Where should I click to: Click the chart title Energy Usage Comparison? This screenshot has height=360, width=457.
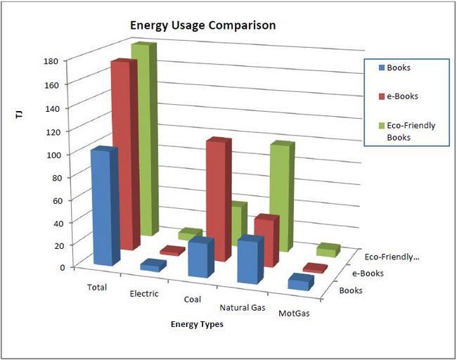[x=202, y=25]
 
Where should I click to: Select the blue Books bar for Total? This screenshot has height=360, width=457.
[x=103, y=207]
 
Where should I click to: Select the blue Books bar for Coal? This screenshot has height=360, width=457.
[x=200, y=258]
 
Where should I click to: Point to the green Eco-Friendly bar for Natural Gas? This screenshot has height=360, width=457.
[x=281, y=197]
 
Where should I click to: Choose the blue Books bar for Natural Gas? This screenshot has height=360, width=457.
[x=249, y=260]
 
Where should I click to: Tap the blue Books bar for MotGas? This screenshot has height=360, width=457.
[x=300, y=283]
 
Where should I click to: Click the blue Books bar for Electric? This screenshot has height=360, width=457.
[x=153, y=266]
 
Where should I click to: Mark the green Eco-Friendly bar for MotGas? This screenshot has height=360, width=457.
[x=328, y=250]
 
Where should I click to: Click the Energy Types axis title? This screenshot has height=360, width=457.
[x=197, y=324]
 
